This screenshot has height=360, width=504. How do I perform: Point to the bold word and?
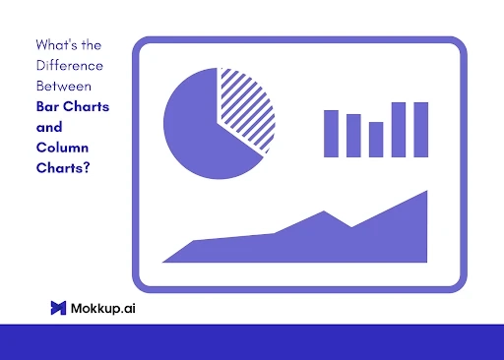coord(48,127)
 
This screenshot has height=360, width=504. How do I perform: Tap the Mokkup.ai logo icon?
coord(58,308)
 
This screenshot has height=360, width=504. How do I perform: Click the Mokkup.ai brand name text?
coord(103,308)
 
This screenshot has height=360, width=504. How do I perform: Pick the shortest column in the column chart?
coord(376,139)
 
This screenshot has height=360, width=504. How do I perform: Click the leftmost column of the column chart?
coord(332,134)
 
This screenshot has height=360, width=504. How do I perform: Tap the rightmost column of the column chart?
coord(421,129)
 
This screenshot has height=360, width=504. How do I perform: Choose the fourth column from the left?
coord(399,129)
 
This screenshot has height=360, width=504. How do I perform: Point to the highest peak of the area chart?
coord(426,193)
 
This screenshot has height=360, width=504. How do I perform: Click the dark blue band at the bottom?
coord(252,341)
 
